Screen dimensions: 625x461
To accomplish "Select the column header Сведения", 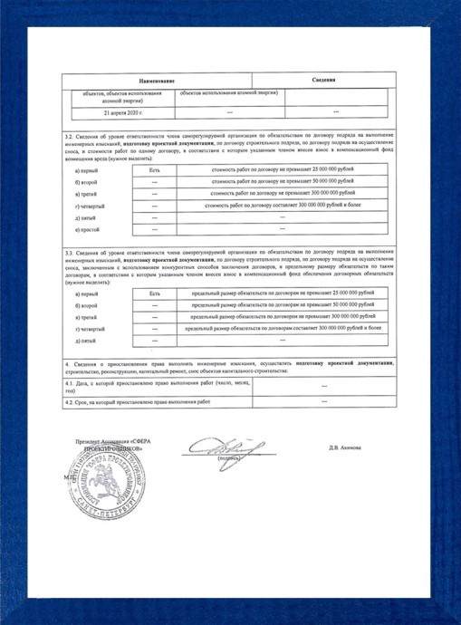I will (x=325, y=82).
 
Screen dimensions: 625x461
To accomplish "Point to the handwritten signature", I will (x=212, y=446).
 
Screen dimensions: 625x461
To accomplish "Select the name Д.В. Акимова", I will (x=345, y=447).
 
